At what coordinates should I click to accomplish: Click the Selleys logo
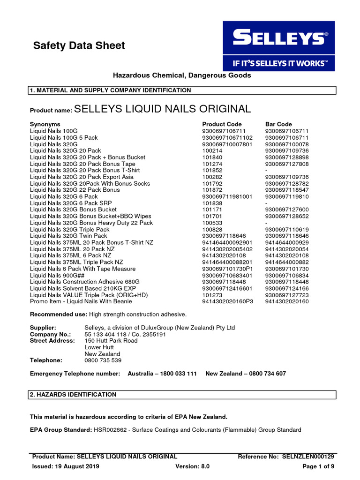(278, 46)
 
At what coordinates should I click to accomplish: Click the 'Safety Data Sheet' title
(79, 45)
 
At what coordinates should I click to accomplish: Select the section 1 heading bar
(182, 90)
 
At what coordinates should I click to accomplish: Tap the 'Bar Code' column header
(278, 124)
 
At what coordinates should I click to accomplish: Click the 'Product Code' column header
(222, 124)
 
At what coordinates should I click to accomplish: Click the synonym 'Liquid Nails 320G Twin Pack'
(68, 236)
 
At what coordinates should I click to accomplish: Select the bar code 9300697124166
(287, 288)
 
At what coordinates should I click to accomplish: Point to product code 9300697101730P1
(227, 269)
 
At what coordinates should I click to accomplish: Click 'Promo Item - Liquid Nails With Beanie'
(81, 301)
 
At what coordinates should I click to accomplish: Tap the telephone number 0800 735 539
(103, 360)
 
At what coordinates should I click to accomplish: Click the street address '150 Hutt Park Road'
(111, 341)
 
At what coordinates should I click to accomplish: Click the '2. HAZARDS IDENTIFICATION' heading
(73, 395)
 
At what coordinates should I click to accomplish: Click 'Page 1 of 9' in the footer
(318, 466)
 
